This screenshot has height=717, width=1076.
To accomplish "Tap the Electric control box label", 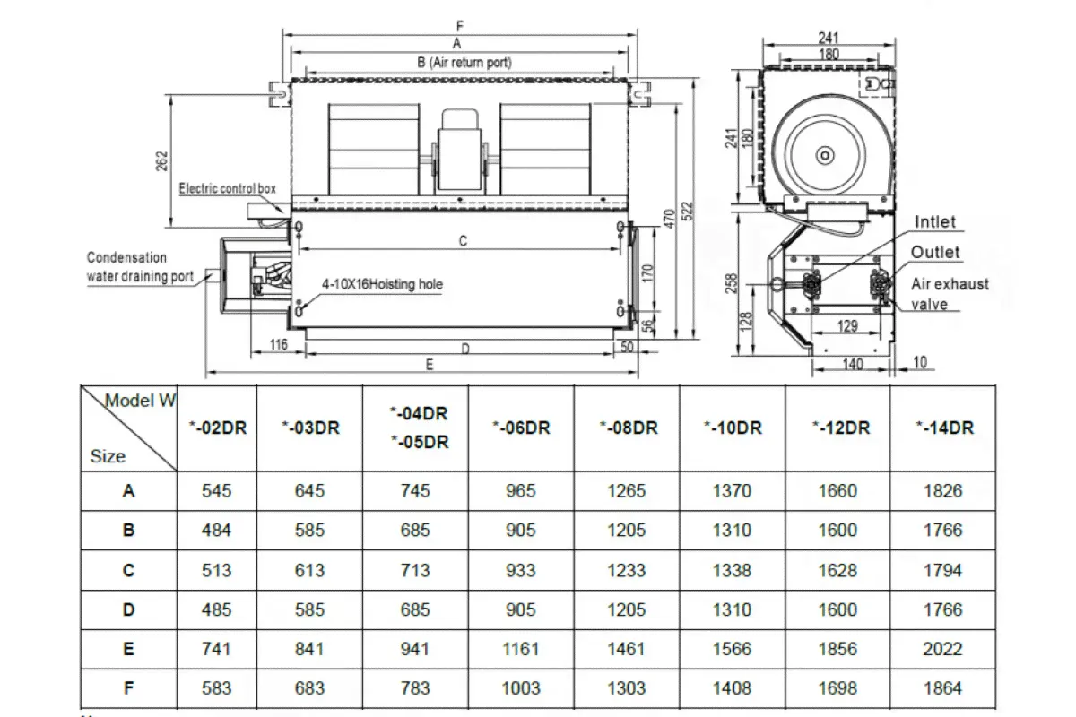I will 228,189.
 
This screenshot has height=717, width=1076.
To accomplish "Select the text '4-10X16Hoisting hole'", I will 382,284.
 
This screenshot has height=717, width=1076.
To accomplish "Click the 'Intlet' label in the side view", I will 935,222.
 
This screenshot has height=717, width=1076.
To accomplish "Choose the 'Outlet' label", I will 935,253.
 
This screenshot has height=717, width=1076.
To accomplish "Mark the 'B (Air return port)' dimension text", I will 464,62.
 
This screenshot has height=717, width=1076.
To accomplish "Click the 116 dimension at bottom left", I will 277,345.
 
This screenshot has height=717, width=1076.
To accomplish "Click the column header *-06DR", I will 520,428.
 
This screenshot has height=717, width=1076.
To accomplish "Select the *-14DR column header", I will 944,428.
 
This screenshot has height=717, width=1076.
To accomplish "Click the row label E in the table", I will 129,649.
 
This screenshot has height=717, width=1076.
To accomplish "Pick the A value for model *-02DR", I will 216,491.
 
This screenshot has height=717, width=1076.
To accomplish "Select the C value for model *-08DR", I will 626,570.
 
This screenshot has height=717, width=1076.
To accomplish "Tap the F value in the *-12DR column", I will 837,688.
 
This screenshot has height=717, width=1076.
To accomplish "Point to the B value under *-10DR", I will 732,531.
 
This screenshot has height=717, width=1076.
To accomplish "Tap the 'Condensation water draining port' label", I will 140,267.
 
